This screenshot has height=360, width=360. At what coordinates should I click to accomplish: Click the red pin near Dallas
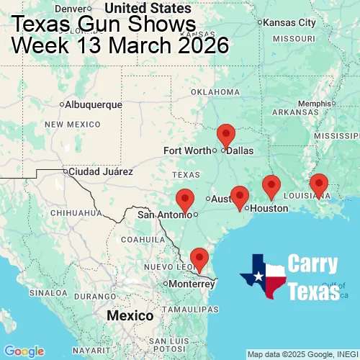[226, 135]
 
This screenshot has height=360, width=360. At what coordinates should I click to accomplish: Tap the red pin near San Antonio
[185, 199]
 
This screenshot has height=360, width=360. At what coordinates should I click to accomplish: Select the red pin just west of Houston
[240, 196]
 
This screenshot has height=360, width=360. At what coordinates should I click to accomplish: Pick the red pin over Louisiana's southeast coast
[318, 184]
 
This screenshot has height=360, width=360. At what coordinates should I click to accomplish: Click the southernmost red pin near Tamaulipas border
[198, 258]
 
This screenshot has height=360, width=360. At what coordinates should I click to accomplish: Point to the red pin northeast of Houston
[271, 186]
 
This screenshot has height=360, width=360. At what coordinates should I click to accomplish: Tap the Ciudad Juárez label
[100, 171]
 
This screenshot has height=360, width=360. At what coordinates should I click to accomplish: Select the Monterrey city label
[192, 284]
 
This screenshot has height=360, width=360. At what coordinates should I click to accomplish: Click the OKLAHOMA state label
[215, 92]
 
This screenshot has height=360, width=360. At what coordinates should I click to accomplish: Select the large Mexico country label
[130, 316]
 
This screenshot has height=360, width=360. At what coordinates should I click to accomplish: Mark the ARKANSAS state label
[295, 112]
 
